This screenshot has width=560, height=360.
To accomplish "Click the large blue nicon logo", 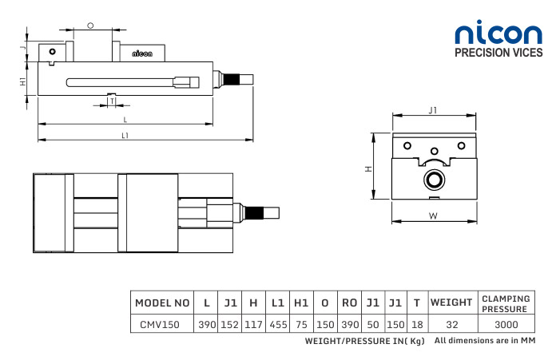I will pyautogui.click(x=498, y=34).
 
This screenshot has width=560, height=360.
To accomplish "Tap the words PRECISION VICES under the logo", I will pyautogui.click(x=498, y=54).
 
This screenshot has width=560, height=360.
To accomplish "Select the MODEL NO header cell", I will pyautogui.click(x=162, y=303).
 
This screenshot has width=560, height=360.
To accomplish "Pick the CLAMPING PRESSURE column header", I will pyautogui.click(x=505, y=303).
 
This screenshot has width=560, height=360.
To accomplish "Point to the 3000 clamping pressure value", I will pyautogui.click(x=505, y=325).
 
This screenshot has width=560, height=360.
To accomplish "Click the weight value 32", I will pyautogui.click(x=453, y=325).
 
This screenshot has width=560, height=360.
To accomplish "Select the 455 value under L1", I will pyautogui.click(x=278, y=325).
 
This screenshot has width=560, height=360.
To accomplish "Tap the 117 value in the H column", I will pyautogui.click(x=253, y=325).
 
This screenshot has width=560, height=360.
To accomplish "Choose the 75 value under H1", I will pyautogui.click(x=301, y=325).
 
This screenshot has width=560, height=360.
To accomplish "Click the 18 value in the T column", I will pyautogui.click(x=418, y=325).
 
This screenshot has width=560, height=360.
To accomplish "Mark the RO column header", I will pyautogui.click(x=349, y=303).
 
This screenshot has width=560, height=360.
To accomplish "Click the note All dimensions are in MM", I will pyautogui.click(x=484, y=341).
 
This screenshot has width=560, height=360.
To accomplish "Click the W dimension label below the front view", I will pyautogui.click(x=432, y=216).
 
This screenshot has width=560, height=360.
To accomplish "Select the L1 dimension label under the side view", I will pyautogui.click(x=125, y=136).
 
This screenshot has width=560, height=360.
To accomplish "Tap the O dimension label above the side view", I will pyautogui.click(x=90, y=26).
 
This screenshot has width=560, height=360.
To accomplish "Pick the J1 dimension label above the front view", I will pyautogui.click(x=432, y=109).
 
